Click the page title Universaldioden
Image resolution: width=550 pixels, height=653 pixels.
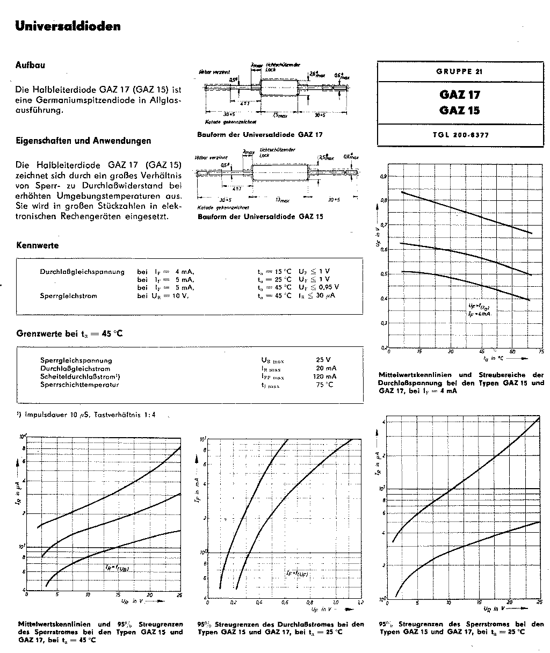(68, 26)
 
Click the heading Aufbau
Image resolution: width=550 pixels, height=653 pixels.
(30, 65)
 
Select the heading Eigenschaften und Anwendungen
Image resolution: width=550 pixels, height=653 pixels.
(83, 141)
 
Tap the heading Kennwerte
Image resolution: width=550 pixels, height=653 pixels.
(38, 245)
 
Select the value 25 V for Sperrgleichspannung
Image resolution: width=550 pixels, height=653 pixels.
(323, 360)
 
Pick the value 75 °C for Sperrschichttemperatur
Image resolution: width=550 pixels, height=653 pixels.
(325, 384)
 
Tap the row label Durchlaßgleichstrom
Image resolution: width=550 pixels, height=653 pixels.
(75, 368)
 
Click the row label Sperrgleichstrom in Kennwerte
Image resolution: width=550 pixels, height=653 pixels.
(69, 295)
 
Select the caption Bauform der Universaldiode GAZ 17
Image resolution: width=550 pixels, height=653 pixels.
(260, 134)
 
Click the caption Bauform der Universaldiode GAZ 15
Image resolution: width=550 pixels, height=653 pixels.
(260, 216)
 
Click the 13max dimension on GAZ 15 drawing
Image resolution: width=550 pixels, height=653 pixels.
(282, 199)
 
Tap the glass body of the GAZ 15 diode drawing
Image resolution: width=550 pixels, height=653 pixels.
(279, 173)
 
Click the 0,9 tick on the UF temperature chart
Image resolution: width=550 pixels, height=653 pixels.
(383, 176)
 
